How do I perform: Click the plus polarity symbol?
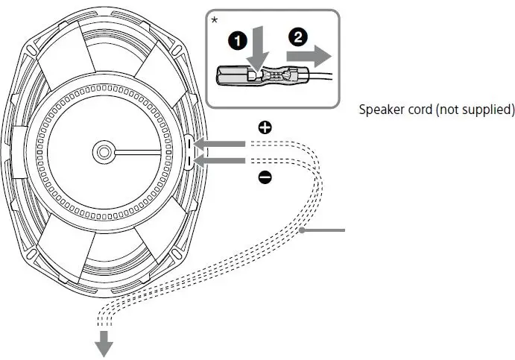[x=265, y=127]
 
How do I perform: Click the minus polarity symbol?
[x=265, y=177]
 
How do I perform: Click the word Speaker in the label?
[x=381, y=110]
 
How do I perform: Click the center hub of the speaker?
[x=103, y=151]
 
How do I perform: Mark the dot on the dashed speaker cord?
[x=302, y=232]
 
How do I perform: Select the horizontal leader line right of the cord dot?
[x=326, y=232]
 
